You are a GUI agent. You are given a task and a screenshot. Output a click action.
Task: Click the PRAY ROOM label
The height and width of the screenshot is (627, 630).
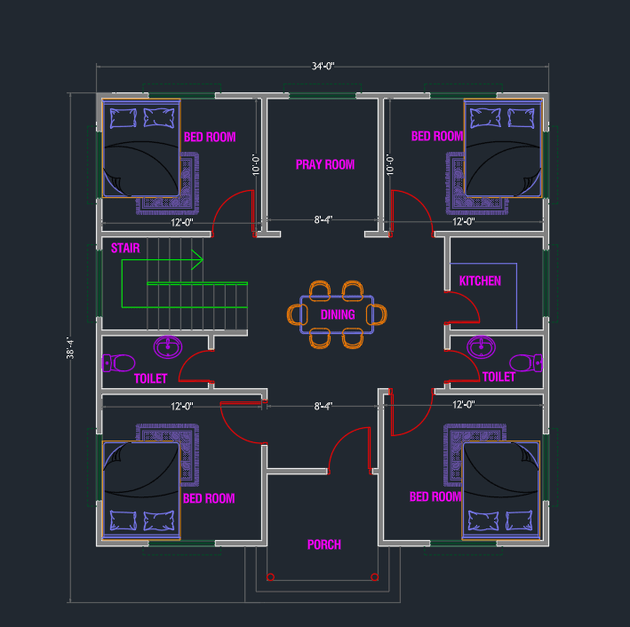(x=325, y=164)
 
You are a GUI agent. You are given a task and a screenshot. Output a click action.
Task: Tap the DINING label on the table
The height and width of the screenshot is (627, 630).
(x=338, y=314)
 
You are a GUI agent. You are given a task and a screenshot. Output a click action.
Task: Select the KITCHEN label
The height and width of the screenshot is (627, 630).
(x=480, y=281)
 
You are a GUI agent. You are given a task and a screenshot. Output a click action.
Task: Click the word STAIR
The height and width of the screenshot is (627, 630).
(x=125, y=249)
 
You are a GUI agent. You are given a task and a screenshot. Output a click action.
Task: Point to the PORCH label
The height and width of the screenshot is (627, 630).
(x=324, y=544)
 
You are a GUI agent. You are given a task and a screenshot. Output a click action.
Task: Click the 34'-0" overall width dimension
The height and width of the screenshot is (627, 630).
(x=323, y=66)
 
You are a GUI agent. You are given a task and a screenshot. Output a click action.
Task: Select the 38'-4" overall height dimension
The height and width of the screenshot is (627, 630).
(x=70, y=348)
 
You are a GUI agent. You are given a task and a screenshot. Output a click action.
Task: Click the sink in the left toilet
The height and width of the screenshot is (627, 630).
(x=168, y=346)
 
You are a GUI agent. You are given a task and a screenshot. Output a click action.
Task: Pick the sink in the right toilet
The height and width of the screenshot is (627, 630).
(x=481, y=346)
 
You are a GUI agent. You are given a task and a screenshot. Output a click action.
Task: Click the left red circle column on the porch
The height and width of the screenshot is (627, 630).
(x=270, y=577)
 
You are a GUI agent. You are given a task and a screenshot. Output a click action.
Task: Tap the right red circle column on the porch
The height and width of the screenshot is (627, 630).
(x=374, y=577)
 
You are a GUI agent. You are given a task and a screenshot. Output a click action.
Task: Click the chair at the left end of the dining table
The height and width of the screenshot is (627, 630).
(x=298, y=314)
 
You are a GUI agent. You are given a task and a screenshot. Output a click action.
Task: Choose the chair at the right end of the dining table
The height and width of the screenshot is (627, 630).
(x=377, y=314)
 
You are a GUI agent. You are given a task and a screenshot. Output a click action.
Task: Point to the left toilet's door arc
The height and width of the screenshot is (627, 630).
(x=186, y=360)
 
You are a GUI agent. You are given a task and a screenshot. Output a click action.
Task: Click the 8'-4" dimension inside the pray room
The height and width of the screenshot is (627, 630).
(x=323, y=219)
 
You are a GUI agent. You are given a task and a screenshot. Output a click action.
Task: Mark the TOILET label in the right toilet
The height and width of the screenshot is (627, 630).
(x=498, y=377)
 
